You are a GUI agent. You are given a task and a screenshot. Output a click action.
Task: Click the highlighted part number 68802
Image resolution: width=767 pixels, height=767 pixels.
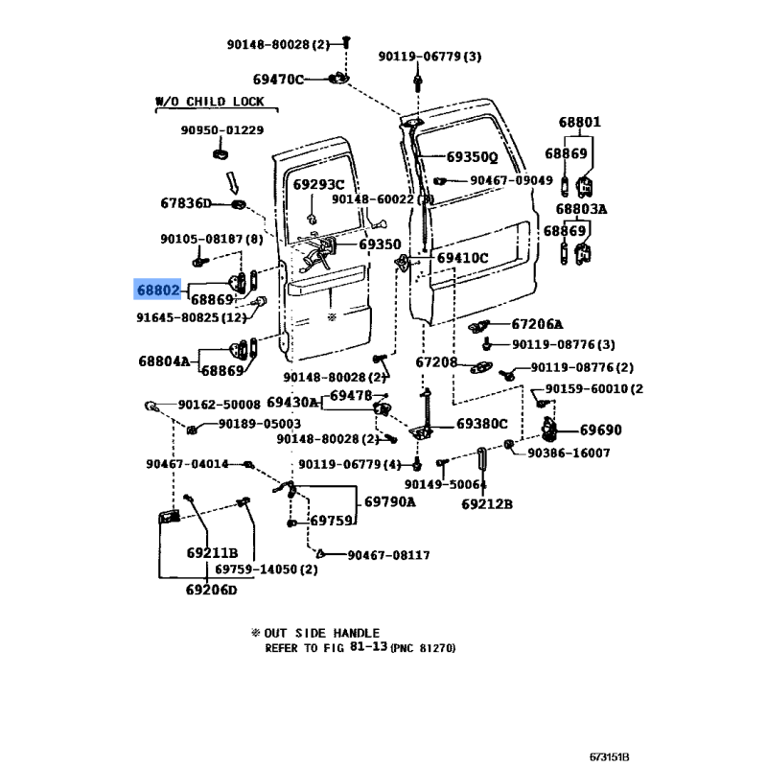(x=157, y=289)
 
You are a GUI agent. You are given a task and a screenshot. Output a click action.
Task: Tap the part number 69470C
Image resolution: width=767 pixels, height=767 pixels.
(x=278, y=79)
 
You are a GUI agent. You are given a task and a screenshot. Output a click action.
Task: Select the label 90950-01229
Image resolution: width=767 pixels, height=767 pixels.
(x=222, y=130)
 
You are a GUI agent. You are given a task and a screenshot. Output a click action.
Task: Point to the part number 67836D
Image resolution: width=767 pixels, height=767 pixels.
(x=185, y=203)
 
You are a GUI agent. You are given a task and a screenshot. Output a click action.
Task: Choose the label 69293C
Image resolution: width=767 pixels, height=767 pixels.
(x=318, y=184)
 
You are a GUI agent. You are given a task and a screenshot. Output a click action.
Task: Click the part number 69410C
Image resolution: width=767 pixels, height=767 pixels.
(x=462, y=258)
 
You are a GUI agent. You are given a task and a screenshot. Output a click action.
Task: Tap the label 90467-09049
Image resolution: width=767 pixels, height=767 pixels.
(x=511, y=180)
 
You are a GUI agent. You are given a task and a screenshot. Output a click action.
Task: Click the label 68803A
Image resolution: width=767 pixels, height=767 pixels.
(x=580, y=208)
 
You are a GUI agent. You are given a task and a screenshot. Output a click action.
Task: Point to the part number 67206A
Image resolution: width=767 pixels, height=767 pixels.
(x=537, y=324)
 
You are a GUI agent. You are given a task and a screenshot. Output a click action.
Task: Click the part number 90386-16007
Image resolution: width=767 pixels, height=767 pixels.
(x=569, y=453)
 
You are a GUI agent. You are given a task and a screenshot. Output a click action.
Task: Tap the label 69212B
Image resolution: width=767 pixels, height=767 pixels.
(x=487, y=504)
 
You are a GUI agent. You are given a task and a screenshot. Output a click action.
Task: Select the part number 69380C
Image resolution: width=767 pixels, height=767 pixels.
(x=482, y=423)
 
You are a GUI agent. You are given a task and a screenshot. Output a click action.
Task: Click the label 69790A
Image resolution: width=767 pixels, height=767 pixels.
(x=389, y=501)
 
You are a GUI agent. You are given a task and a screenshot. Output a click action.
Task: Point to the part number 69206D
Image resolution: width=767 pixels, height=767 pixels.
(x=211, y=591)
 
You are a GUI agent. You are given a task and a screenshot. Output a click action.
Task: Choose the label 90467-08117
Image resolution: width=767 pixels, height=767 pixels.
(x=388, y=555)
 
